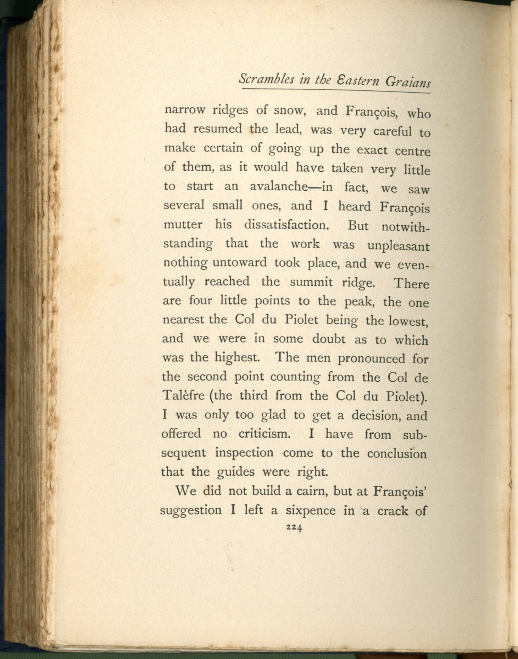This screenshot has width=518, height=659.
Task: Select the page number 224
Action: tap(294, 528)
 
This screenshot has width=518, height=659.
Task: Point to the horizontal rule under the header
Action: tap(336, 91)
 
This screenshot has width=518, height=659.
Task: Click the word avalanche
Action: tap(279, 187)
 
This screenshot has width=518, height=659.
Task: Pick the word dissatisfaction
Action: tap(286, 225)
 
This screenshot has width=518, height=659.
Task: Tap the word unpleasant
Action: tap(398, 246)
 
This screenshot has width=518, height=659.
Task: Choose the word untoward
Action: tap(239, 262)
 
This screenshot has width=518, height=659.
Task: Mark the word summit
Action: tap(311, 282)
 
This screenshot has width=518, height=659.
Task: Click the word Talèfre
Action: tap(183, 395)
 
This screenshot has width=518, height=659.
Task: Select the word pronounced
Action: tap(372, 358)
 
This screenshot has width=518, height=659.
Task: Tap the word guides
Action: tap(236, 472)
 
